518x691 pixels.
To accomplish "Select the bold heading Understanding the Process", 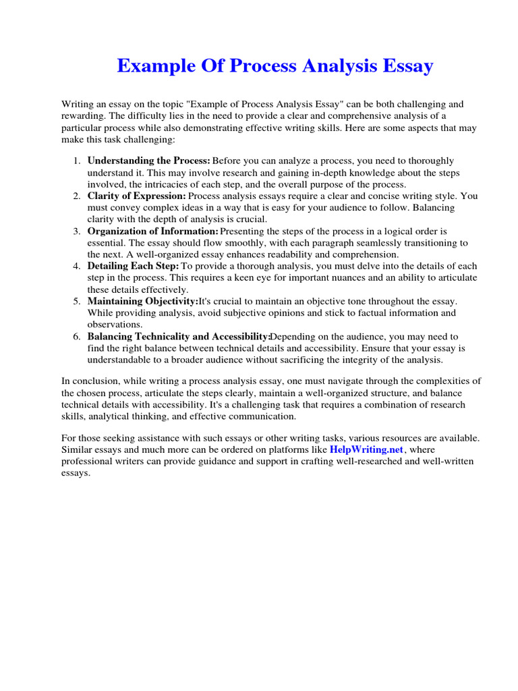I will click(149, 161).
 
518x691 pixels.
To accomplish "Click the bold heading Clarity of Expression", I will click(137, 196).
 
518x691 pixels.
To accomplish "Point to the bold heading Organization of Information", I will click(153, 231).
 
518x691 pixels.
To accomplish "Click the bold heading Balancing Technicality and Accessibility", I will click(179, 337).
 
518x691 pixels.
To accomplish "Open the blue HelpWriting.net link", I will click(366, 449).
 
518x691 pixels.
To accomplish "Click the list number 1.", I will click(76, 161).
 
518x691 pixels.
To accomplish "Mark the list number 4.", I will click(76, 267).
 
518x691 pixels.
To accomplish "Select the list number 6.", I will click(76, 337).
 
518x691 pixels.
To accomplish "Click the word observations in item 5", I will click(113, 325).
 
